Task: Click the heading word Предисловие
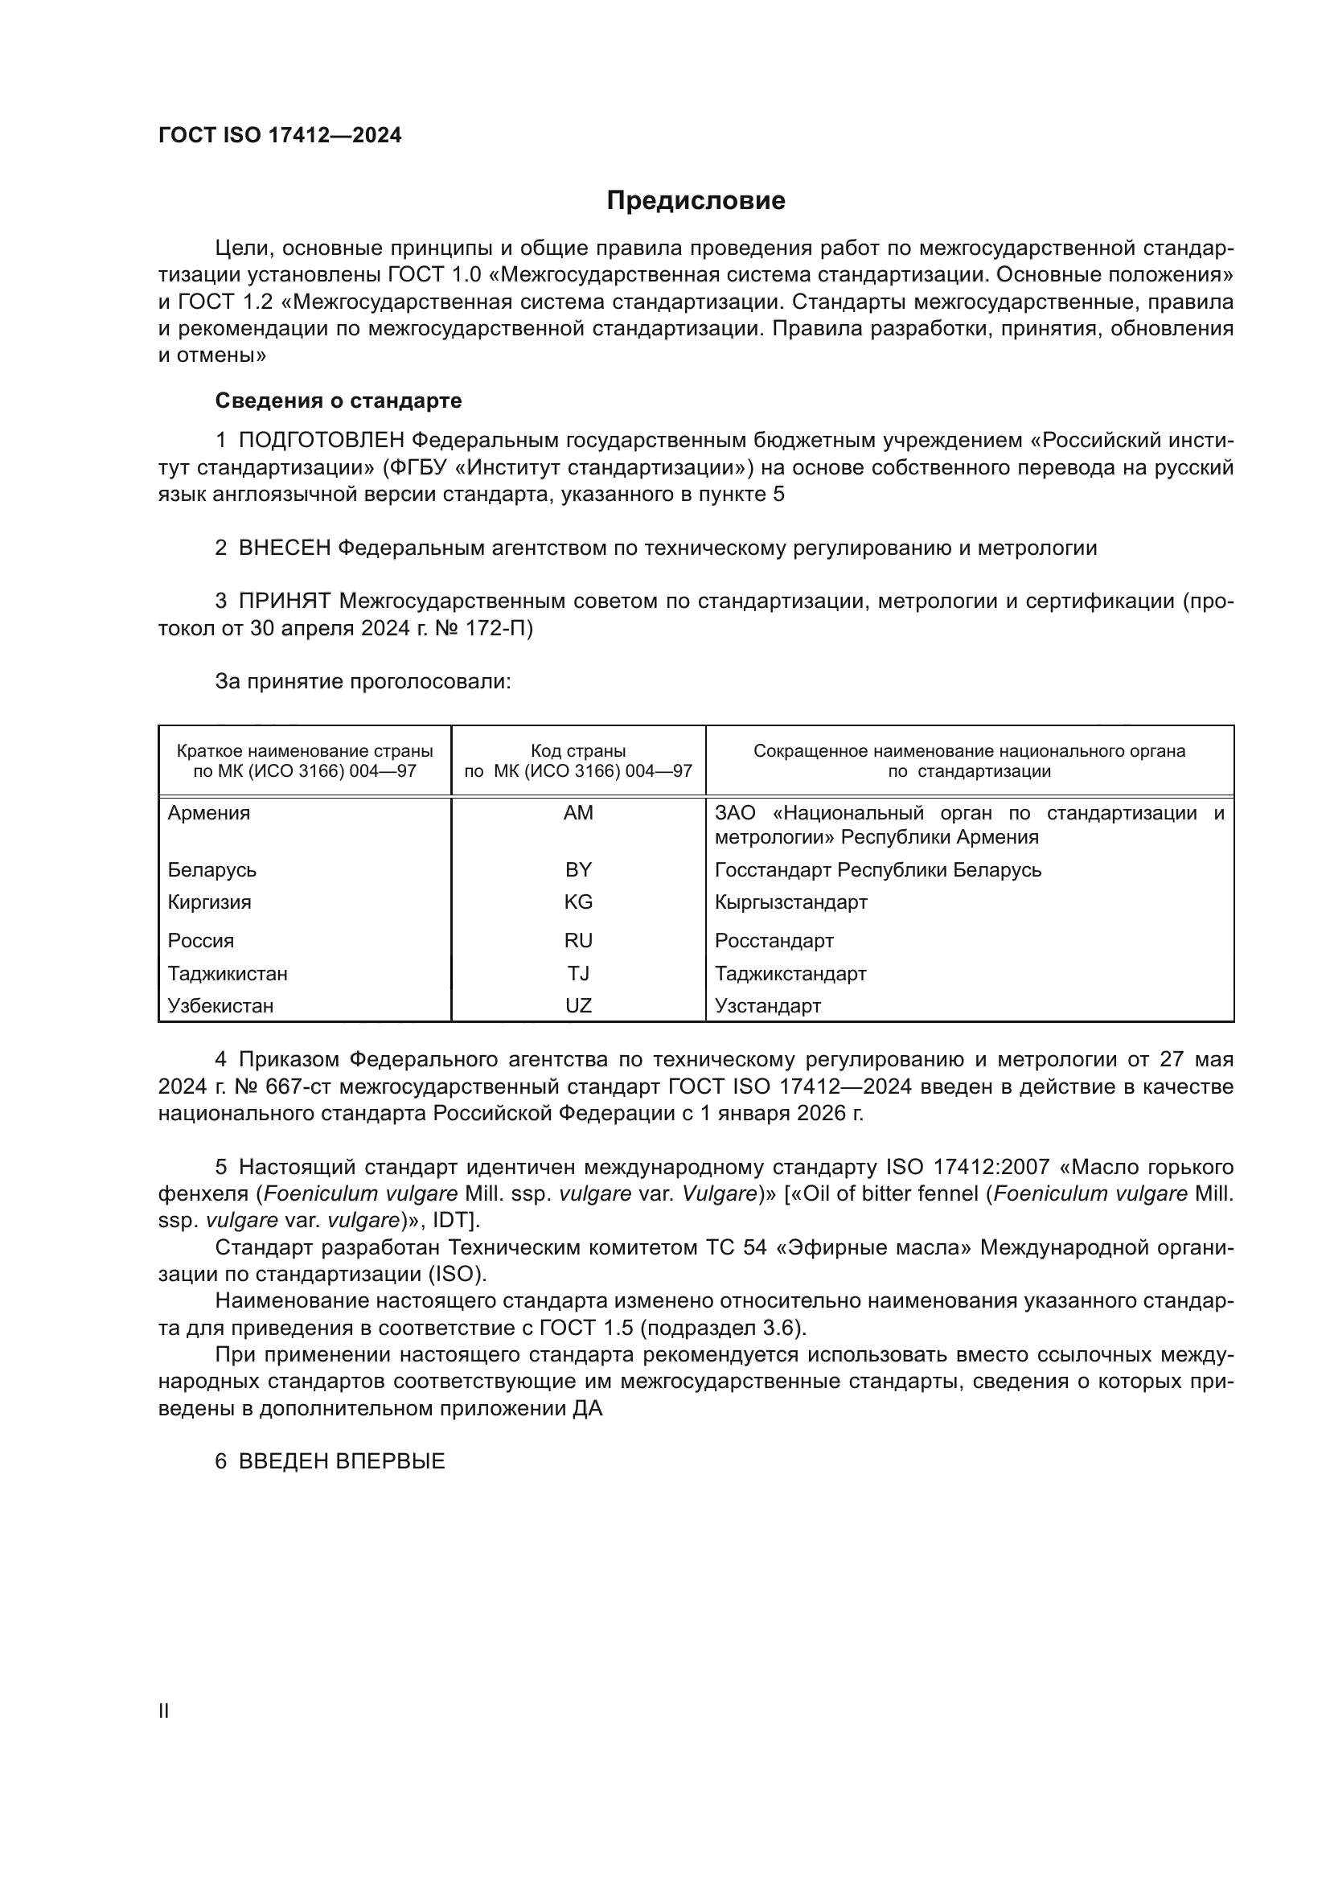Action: coord(696,201)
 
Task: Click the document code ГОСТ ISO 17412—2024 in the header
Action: coord(279,136)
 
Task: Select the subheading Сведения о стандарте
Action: coord(339,400)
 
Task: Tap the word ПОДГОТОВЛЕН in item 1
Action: coord(321,441)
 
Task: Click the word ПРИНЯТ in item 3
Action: coord(284,602)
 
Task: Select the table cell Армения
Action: coord(209,814)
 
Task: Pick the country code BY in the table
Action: coord(578,870)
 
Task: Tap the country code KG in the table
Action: coord(578,902)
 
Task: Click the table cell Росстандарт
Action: coord(774,941)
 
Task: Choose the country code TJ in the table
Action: coord(578,973)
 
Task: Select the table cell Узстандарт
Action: coord(767,1006)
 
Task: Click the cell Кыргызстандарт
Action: coord(790,902)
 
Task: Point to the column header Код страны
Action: coord(578,751)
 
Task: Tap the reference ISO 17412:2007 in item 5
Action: coord(967,1167)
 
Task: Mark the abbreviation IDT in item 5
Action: coord(449,1221)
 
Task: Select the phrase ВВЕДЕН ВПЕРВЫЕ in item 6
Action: coord(342,1461)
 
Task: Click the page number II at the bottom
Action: coord(164,1711)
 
